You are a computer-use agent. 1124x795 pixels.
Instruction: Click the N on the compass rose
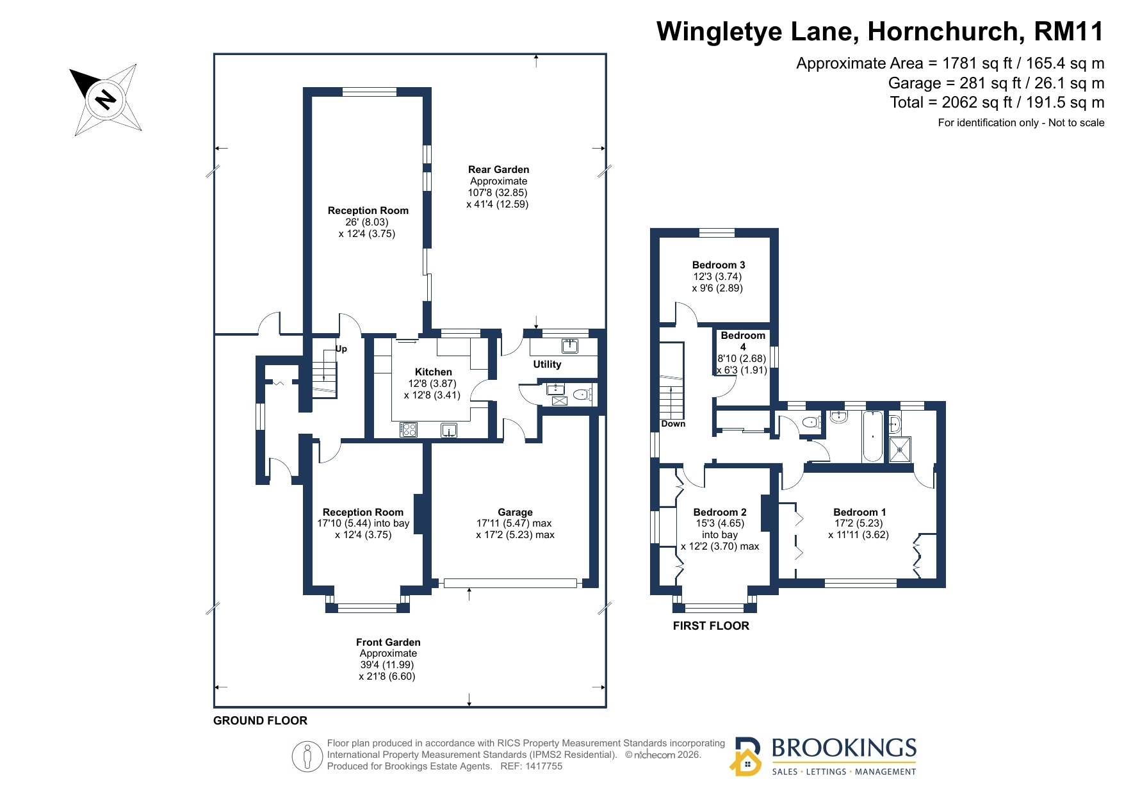[106, 99]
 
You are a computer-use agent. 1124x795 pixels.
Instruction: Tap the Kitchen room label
[434, 372]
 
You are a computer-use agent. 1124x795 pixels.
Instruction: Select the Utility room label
[547, 365]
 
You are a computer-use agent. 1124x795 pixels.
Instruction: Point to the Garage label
[515, 512]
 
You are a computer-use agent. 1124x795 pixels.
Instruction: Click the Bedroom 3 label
[719, 265]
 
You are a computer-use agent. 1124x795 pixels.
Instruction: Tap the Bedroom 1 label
[859, 512]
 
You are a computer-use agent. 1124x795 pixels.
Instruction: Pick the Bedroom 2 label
[720, 512]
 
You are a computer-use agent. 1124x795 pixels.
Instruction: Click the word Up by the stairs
[341, 349]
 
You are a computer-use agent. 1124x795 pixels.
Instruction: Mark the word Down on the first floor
[673, 424]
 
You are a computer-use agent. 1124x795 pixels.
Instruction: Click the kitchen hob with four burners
[409, 430]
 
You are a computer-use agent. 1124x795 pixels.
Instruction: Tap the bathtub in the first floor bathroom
[872, 437]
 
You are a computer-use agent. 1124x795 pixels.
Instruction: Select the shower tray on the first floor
[900, 449]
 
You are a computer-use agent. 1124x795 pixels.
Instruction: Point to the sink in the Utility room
[570, 346]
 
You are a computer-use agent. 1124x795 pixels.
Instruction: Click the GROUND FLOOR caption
[260, 721]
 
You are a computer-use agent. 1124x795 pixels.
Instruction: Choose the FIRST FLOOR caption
[711, 626]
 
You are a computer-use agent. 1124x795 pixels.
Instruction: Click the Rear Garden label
[498, 170]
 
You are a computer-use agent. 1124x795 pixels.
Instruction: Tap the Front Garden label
[388, 643]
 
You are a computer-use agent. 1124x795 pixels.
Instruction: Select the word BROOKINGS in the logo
[843, 748]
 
